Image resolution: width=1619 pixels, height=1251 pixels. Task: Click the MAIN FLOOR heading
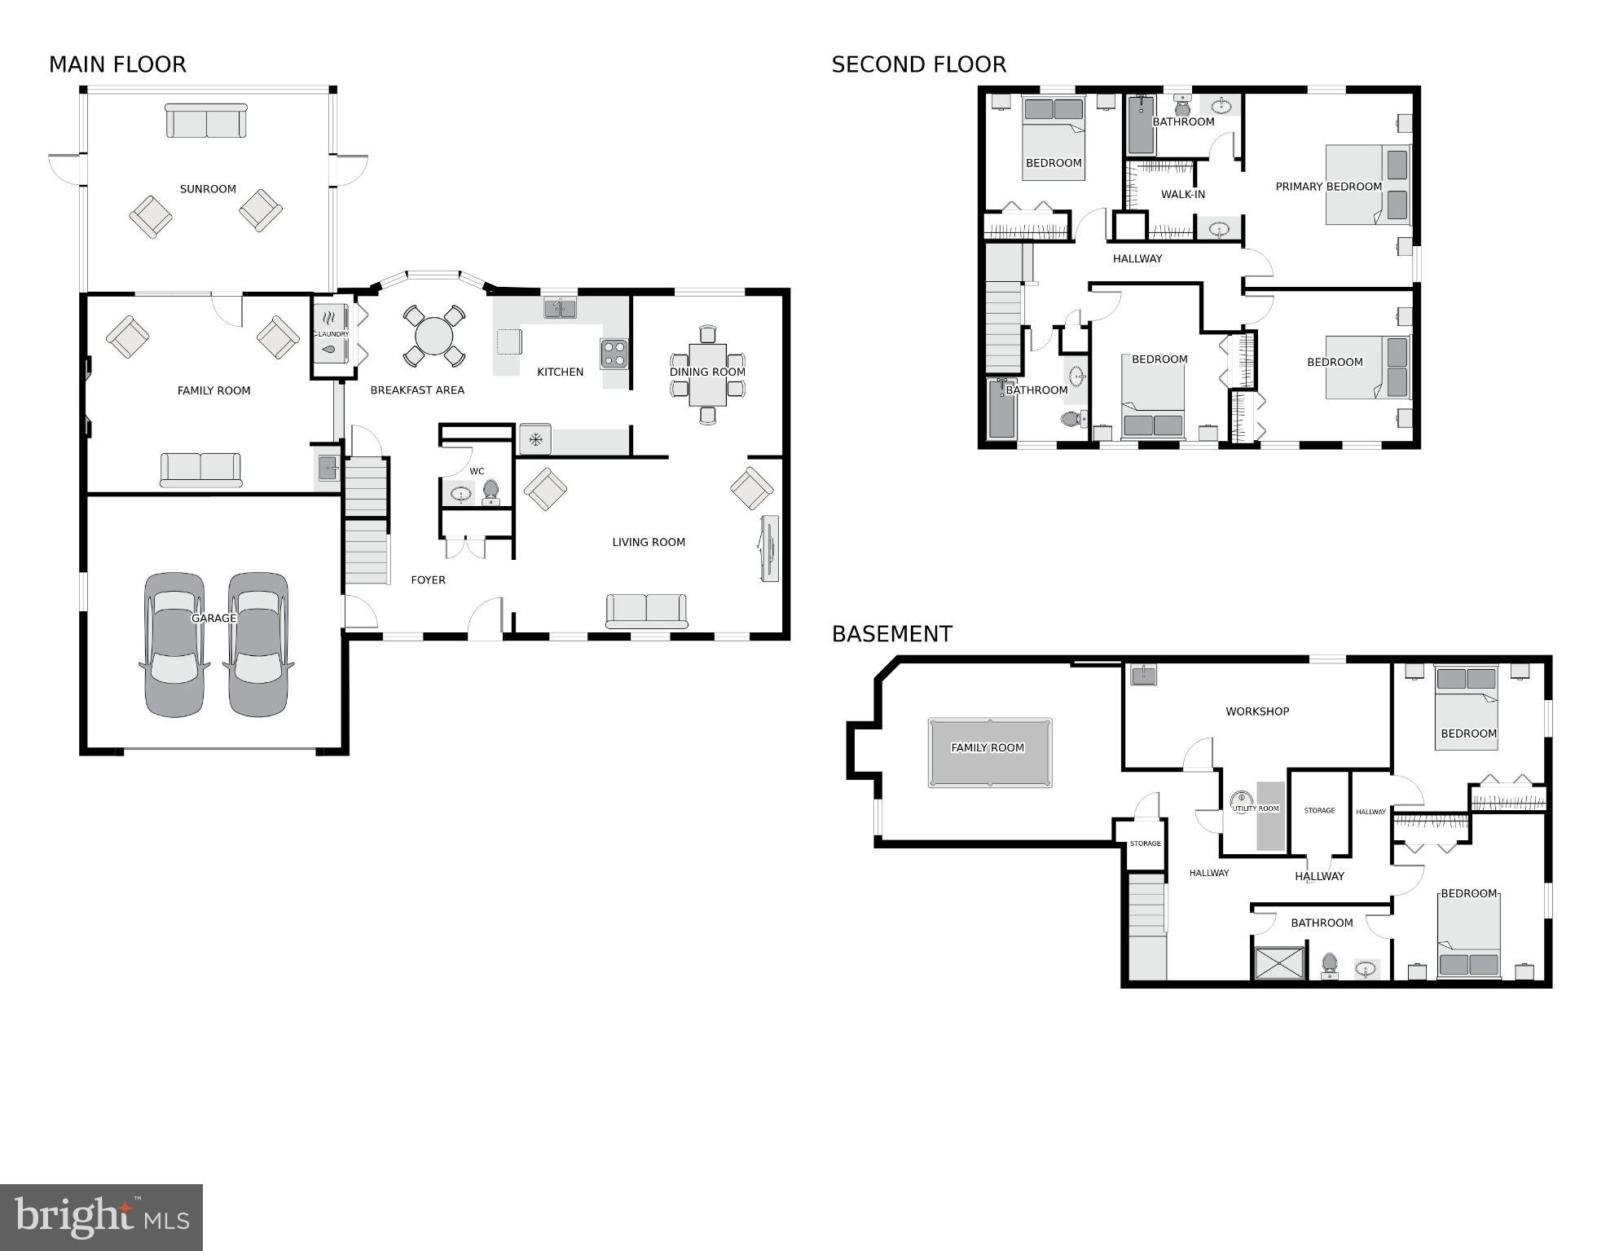[x=117, y=64]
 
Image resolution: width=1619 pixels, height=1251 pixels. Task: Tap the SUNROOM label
[x=208, y=189]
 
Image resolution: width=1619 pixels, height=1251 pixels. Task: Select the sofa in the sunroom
[x=206, y=121]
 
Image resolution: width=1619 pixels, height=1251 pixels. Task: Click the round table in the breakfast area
[x=433, y=336]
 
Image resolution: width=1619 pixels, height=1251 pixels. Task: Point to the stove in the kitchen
[x=614, y=354]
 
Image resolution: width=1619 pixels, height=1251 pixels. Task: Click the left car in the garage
[x=174, y=644]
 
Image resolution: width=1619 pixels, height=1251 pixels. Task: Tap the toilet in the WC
[x=491, y=491]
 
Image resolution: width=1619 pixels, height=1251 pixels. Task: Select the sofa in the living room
[x=646, y=611]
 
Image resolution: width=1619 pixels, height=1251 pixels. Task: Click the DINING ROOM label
[x=707, y=372]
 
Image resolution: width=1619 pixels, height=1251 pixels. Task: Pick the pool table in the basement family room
[x=989, y=752]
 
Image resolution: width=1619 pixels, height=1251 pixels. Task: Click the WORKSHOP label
[x=1257, y=711]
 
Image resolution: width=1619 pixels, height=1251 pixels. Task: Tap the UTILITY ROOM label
[x=1256, y=808]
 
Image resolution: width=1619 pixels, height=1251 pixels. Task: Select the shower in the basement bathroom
[x=1279, y=962]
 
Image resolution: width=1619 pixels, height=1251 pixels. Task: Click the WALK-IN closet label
[x=1182, y=195]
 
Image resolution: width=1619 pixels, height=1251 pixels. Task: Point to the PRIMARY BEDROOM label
[x=1328, y=187]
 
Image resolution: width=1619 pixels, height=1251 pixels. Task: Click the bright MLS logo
[x=101, y=1217]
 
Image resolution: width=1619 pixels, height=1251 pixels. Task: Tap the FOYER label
[x=428, y=580]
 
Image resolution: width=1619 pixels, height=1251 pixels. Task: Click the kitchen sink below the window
[x=560, y=308]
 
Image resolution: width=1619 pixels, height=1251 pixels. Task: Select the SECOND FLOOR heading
[x=918, y=64]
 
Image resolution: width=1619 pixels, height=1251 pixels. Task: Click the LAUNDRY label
[x=332, y=334]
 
